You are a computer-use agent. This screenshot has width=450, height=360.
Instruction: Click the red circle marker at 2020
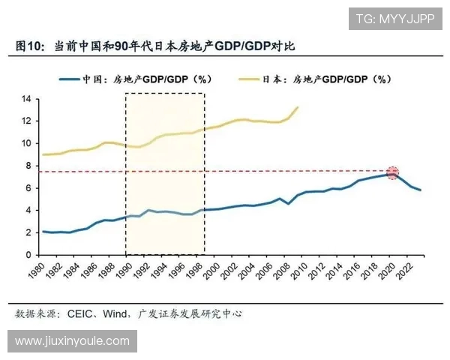coord(392,173)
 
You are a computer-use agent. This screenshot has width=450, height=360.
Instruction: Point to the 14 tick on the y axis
coord(25,99)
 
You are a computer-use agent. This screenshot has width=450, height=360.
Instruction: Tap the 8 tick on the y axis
coord(27,166)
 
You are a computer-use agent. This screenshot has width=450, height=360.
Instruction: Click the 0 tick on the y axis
coord(27,255)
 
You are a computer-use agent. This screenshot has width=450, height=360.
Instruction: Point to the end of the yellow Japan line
coord(298,107)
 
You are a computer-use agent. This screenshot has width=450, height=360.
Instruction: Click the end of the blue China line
coord(421,190)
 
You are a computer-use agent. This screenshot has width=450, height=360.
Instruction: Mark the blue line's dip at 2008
coord(289,203)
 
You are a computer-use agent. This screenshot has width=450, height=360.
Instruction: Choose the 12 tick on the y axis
coord(25,121)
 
